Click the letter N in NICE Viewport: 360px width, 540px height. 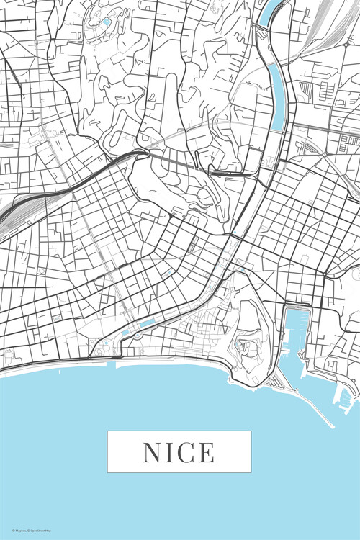coord(153,452)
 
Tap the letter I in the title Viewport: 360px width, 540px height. coord(170,452)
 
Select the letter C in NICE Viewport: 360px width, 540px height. coord(185,452)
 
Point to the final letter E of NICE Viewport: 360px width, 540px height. coord(206,452)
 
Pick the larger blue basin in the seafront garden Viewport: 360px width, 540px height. coord(146,324)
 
